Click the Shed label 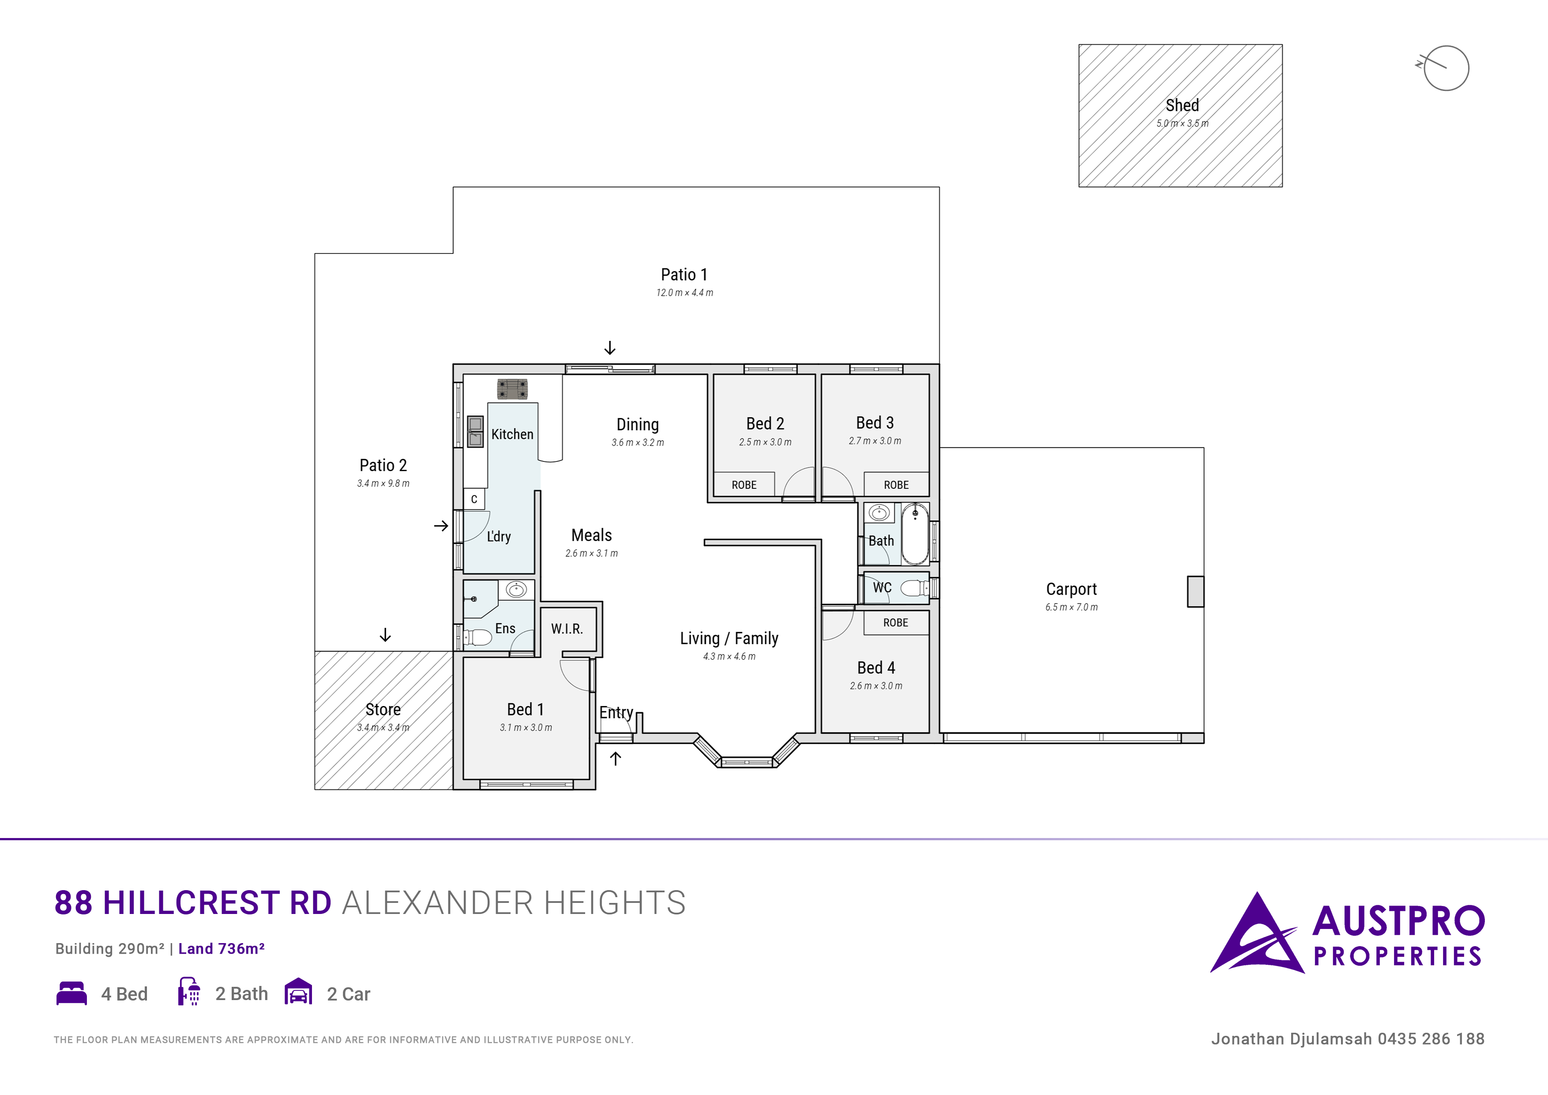[1182, 105]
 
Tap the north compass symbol [1445, 68]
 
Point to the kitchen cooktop [512, 389]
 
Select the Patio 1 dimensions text [684, 293]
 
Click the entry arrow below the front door [616, 759]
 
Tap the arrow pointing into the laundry [441, 525]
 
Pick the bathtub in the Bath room [915, 533]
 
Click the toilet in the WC [914, 588]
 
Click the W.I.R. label [566, 629]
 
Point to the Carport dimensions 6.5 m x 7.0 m [1071, 607]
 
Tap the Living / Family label [729, 638]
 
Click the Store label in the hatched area [383, 710]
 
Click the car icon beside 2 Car [298, 991]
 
